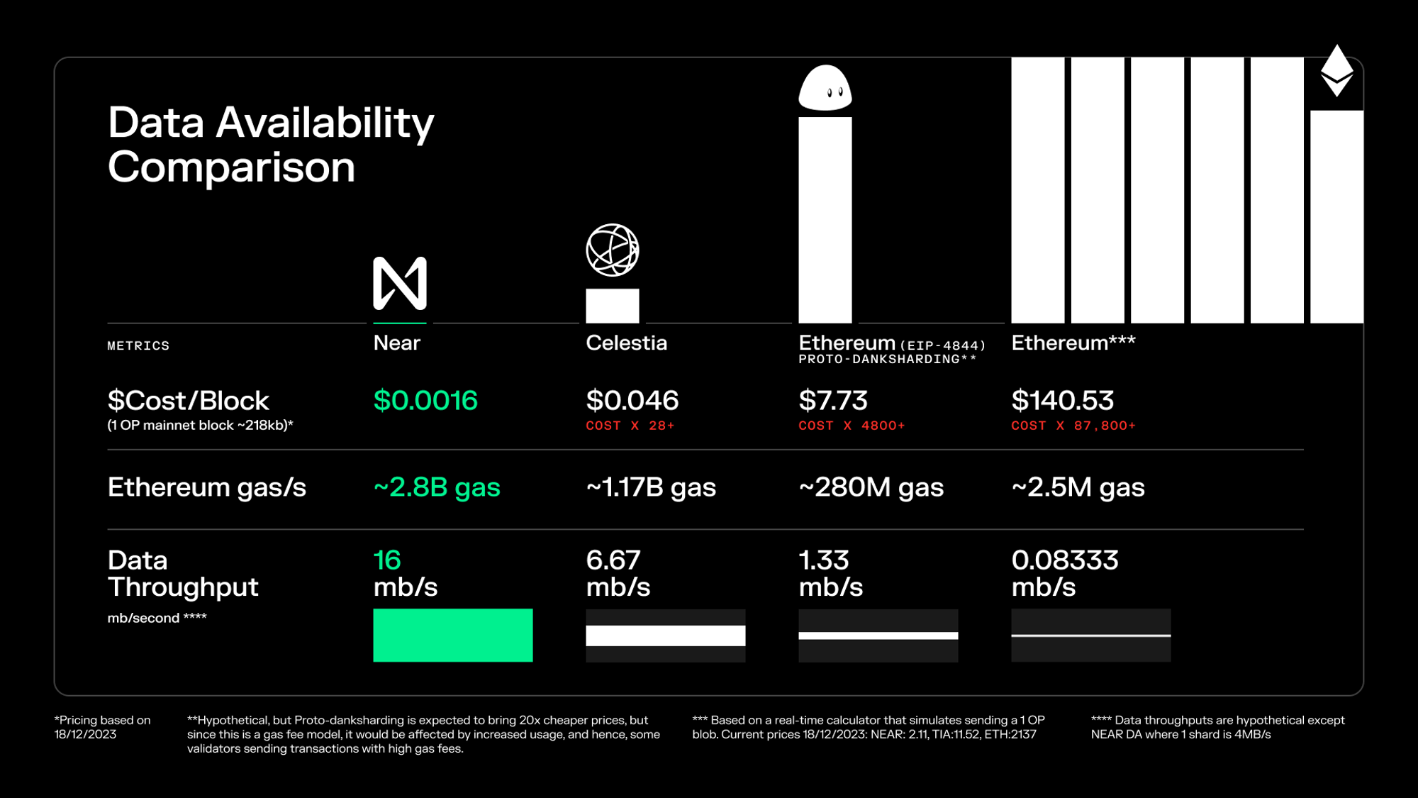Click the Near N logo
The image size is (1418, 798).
click(x=400, y=283)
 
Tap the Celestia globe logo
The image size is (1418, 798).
click(x=613, y=250)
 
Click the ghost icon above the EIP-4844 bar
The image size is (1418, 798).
click(x=825, y=89)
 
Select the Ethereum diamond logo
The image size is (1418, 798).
click(x=1336, y=71)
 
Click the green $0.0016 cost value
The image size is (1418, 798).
click(x=425, y=401)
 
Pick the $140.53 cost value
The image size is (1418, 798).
click(x=1062, y=401)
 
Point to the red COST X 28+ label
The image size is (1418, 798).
click(x=630, y=426)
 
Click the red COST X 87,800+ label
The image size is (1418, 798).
click(x=1073, y=426)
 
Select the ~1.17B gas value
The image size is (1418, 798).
click(x=651, y=487)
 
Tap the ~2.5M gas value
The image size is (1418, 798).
click(x=1078, y=487)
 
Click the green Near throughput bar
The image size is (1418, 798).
click(x=452, y=635)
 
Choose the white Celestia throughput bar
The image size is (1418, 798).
click(x=665, y=636)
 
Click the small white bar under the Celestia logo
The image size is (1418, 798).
click(x=613, y=306)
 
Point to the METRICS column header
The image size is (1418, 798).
click(x=138, y=346)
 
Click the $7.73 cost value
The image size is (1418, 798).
click(x=833, y=401)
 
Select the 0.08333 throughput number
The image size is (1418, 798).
click(x=1065, y=560)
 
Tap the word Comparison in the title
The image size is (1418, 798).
click(x=231, y=167)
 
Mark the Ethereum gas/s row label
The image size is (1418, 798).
click(x=206, y=487)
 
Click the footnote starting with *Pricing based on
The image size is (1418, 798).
click(x=103, y=727)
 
